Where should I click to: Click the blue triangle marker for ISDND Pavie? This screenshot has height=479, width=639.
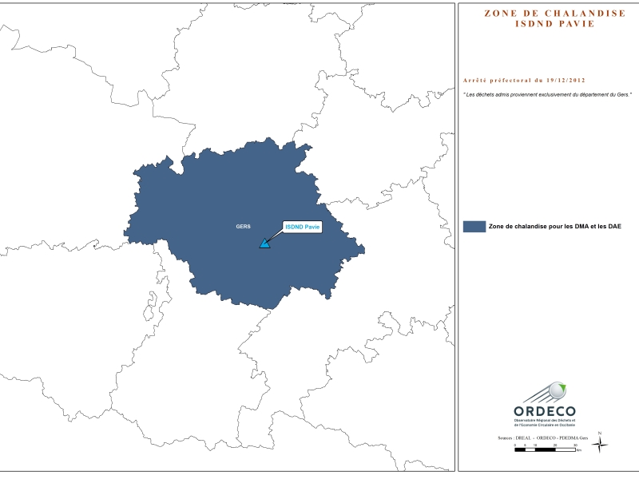click(x=264, y=243)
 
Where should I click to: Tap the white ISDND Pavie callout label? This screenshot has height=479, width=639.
click(x=303, y=227)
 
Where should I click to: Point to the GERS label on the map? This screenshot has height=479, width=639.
click(x=243, y=227)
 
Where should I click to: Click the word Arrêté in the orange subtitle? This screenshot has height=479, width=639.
click(x=478, y=81)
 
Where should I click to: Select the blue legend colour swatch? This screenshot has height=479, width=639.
click(x=474, y=227)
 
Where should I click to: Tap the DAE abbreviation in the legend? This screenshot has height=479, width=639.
click(x=614, y=227)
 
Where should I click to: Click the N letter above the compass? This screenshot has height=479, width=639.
click(x=600, y=433)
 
